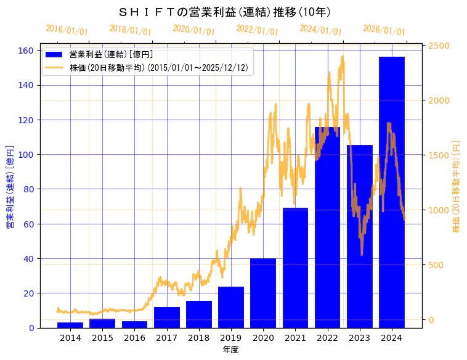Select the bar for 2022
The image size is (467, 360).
pos(327,227)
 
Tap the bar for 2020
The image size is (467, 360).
pos(263,293)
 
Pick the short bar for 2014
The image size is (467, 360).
pos(70,325)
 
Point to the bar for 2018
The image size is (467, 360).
pos(199,314)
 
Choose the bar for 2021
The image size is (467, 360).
pos(295,268)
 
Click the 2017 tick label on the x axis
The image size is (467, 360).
pos(166,337)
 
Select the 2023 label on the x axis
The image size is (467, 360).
pos(359,337)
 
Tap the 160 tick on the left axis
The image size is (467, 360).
pos(27,51)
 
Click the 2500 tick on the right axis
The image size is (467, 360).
pos(439,46)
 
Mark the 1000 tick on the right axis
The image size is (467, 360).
pos(439,210)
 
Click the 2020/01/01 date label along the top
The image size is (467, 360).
pos(193,30)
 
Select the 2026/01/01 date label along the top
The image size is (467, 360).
pos(384,30)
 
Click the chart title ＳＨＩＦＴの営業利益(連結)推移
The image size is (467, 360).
pos(224,12)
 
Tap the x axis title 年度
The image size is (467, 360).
pos(230,350)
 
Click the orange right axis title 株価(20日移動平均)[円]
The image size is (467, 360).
pos(457,186)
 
